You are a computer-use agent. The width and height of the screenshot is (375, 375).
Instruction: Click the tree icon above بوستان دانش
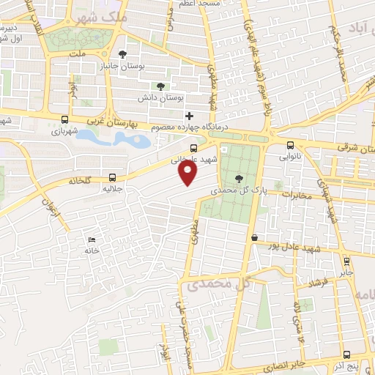pyautogui.click(x=160, y=86)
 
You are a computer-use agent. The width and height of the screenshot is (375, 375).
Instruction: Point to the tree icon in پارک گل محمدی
pyautogui.click(x=240, y=177)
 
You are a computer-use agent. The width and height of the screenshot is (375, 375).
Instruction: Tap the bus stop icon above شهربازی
pyautogui.click(x=65, y=120)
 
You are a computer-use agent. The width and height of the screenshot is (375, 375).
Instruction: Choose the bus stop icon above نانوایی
pyautogui.click(x=291, y=145)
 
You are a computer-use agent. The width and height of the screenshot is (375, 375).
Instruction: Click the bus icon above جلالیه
pyautogui.click(x=112, y=177)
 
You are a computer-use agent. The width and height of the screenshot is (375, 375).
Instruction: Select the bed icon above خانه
pyautogui.click(x=91, y=240)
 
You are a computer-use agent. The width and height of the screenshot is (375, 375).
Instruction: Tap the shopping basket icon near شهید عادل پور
pyautogui.click(x=253, y=237)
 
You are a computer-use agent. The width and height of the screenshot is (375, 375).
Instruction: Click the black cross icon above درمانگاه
pyautogui.click(x=189, y=116)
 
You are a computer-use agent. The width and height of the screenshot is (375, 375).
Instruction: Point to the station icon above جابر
pyautogui.click(x=346, y=260)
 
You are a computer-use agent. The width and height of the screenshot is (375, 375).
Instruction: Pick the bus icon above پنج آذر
pyautogui.click(x=352, y=354)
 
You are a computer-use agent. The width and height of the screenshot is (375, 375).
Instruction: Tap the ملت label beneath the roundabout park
pyautogui.click(x=78, y=53)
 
